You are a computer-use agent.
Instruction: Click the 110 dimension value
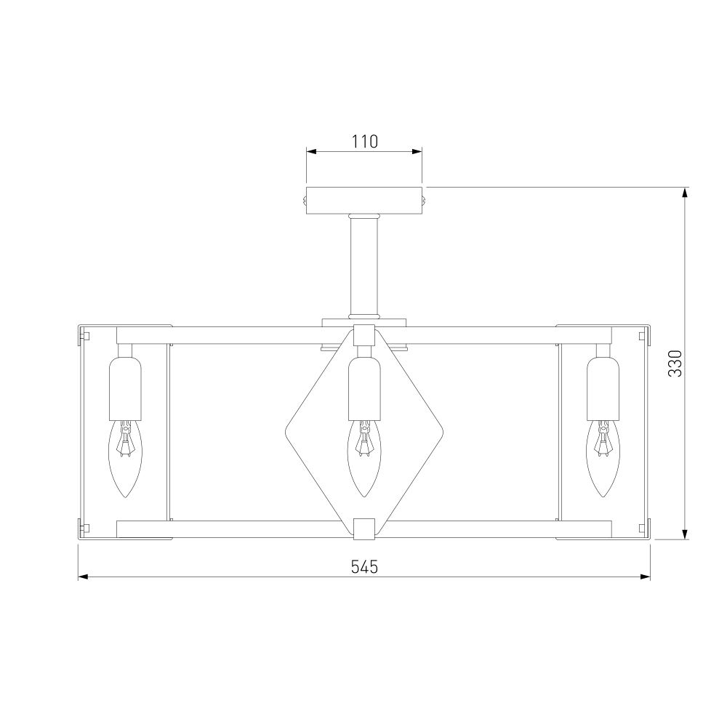tap(364, 142)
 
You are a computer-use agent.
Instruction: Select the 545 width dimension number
tap(364, 566)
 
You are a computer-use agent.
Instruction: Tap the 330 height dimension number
tap(675, 363)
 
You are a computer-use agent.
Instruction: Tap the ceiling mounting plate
tap(364, 201)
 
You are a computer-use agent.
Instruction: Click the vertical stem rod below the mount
tap(364, 266)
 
